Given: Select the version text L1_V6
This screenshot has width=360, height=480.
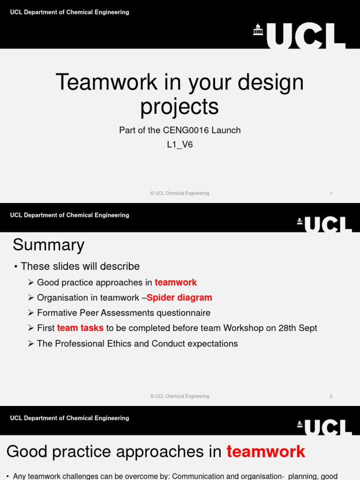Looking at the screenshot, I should point(180,145).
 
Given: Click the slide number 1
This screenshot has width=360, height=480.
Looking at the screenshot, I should point(331,194).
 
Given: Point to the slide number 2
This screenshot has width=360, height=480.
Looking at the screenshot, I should point(331,397).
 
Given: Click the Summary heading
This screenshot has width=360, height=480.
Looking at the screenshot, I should point(48,245).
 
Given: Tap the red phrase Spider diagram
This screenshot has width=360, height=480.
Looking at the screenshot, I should point(179,298).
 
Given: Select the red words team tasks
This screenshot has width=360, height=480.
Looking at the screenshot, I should point(80,328).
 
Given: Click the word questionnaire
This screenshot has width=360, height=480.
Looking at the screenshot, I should point(184,313).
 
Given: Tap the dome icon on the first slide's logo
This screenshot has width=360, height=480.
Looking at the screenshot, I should point(258,30).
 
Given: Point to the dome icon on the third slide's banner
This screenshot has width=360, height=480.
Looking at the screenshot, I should point(300,424).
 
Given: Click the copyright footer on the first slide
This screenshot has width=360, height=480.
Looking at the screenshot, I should point(180,194).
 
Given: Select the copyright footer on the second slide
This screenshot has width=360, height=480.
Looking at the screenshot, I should point(180,397).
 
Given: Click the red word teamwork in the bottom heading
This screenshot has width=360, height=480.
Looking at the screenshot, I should point(266,452).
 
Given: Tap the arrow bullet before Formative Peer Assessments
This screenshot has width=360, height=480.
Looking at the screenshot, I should point(31,313).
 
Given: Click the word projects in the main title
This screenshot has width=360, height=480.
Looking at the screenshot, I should point(180,106).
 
